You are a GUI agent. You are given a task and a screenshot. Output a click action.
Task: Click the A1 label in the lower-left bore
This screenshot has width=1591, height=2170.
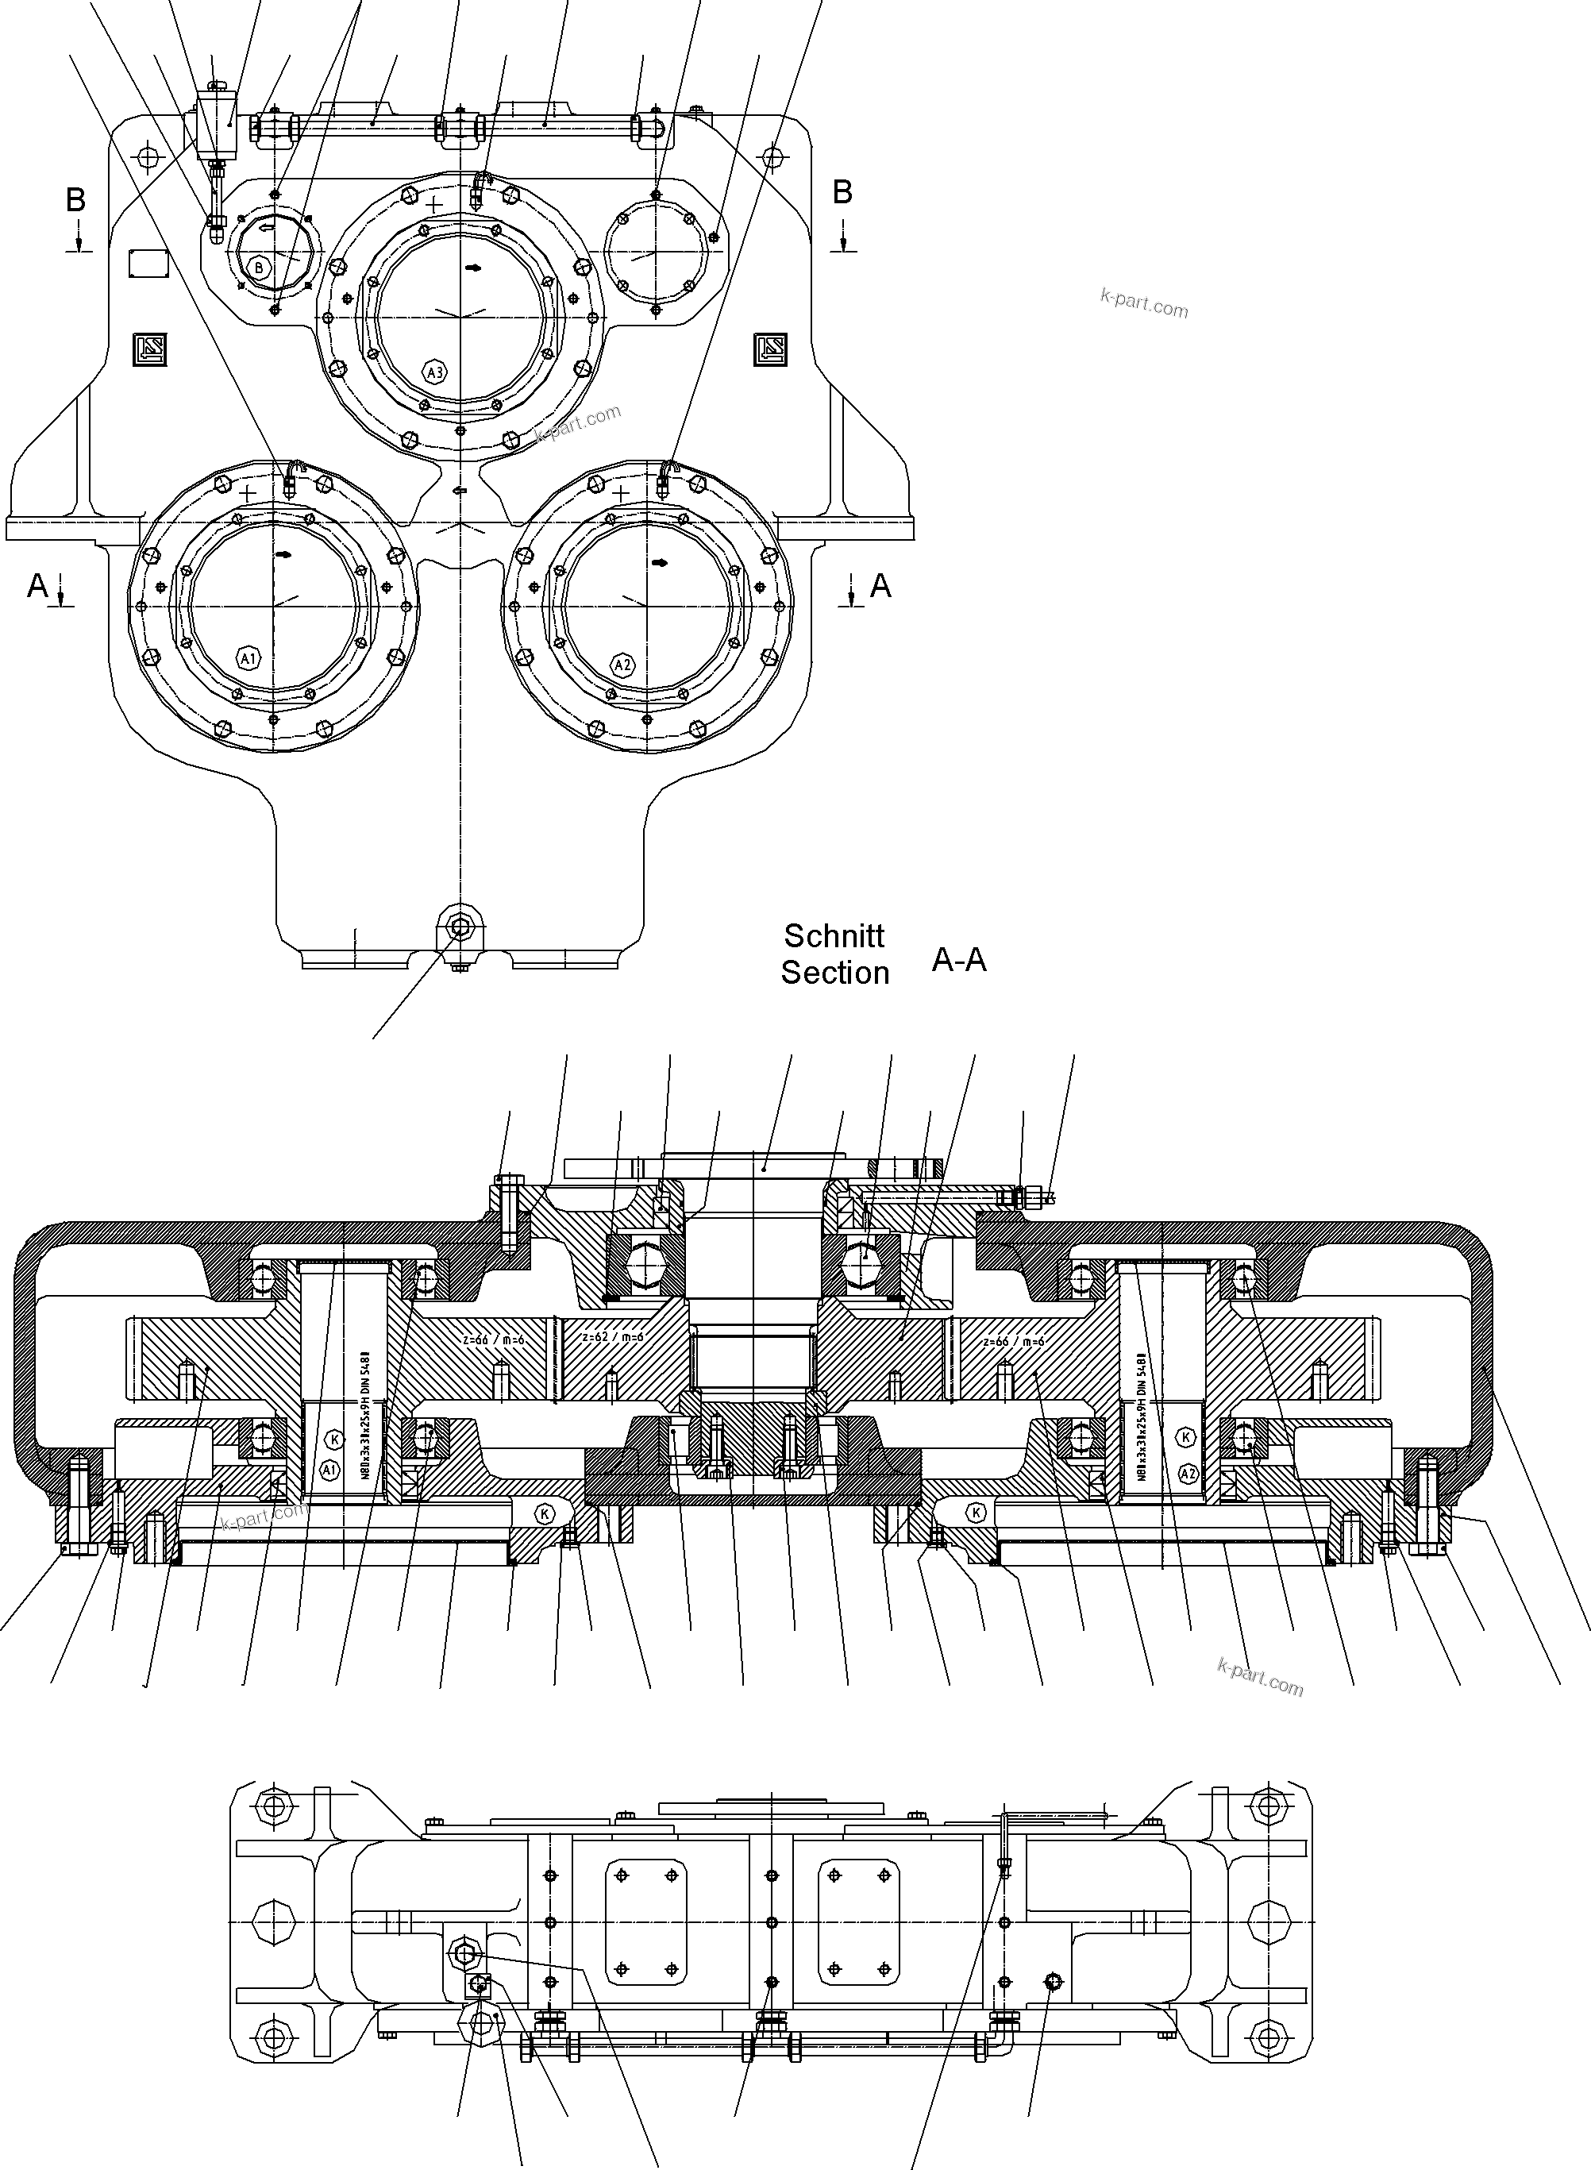click(248, 659)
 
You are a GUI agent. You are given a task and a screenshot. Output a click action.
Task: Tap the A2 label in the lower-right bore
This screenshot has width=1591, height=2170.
click(623, 665)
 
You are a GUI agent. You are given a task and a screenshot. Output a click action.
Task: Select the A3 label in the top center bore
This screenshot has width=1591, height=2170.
click(434, 372)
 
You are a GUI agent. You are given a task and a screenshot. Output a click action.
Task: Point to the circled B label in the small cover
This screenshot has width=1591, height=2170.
click(258, 267)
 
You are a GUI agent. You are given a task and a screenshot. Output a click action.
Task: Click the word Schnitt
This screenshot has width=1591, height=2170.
click(834, 935)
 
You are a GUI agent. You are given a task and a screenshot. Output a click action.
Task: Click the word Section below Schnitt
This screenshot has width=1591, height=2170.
click(834, 973)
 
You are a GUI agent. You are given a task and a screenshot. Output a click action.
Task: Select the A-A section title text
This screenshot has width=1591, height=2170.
click(958, 959)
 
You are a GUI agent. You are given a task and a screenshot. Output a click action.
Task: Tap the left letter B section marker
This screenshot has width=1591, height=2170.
click(75, 199)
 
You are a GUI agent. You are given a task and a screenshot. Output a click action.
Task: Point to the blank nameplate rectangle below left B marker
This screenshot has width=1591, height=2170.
click(149, 263)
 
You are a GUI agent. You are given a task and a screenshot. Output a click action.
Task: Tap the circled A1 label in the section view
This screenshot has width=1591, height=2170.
click(330, 1470)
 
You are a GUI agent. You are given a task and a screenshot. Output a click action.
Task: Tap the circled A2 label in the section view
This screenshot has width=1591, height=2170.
click(1188, 1473)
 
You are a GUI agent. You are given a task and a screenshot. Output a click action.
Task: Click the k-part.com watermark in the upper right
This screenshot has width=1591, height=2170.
click(1144, 304)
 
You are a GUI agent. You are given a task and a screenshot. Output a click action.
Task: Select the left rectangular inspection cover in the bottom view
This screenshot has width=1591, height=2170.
click(646, 1921)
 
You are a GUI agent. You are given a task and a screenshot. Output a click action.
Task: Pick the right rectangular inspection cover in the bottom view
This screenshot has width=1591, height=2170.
click(860, 1921)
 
